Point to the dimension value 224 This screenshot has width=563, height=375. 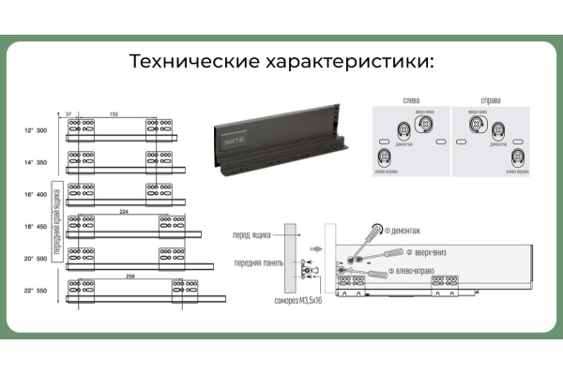(126, 212)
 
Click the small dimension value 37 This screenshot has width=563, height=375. (68, 114)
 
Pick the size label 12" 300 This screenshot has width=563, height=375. (36, 130)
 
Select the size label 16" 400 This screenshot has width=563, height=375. (36, 194)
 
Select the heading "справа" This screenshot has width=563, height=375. (489, 99)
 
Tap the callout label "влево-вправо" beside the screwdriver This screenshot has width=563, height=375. (417, 272)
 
